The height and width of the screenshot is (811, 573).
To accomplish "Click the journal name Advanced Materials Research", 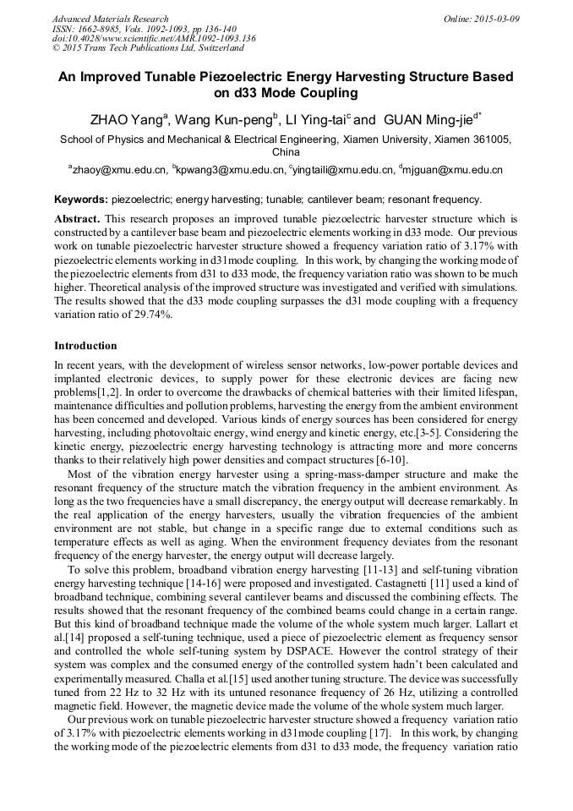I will click(110, 19).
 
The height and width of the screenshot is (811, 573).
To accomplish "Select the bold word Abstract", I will click(77, 218).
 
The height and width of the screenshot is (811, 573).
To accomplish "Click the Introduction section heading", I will click(85, 346).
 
